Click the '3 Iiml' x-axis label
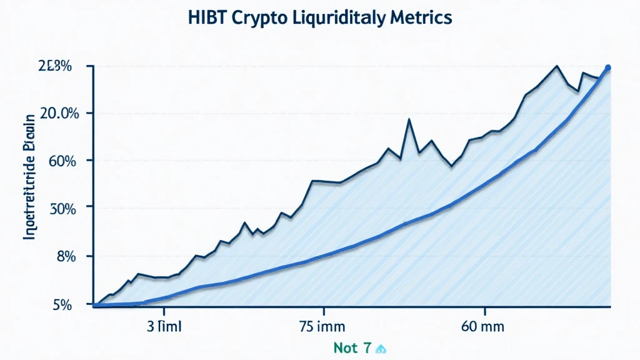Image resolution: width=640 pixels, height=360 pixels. [164, 327]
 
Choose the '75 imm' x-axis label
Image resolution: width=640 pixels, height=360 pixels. [324, 327]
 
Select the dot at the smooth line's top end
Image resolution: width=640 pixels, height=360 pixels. [608, 67]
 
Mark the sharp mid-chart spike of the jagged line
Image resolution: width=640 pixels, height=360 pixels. [409, 119]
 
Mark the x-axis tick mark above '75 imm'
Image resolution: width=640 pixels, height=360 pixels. [324, 311]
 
